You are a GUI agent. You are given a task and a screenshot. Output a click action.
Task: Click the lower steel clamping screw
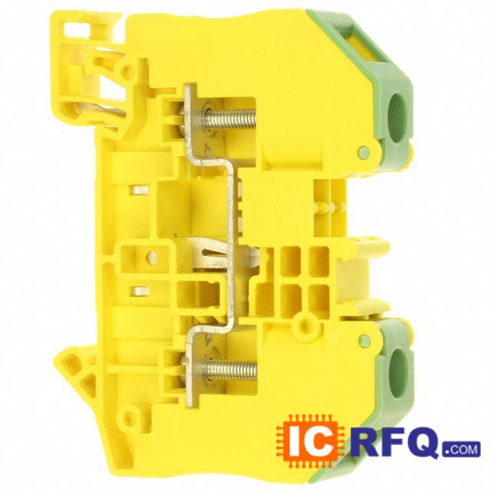click(x=230, y=370)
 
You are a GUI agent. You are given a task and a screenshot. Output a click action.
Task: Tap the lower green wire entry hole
click(x=397, y=374)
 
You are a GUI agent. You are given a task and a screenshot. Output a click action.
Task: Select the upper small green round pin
click(x=364, y=152)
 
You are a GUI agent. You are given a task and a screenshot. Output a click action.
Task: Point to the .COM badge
click(x=462, y=449)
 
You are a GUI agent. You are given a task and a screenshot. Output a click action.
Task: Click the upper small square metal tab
click(x=139, y=189)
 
